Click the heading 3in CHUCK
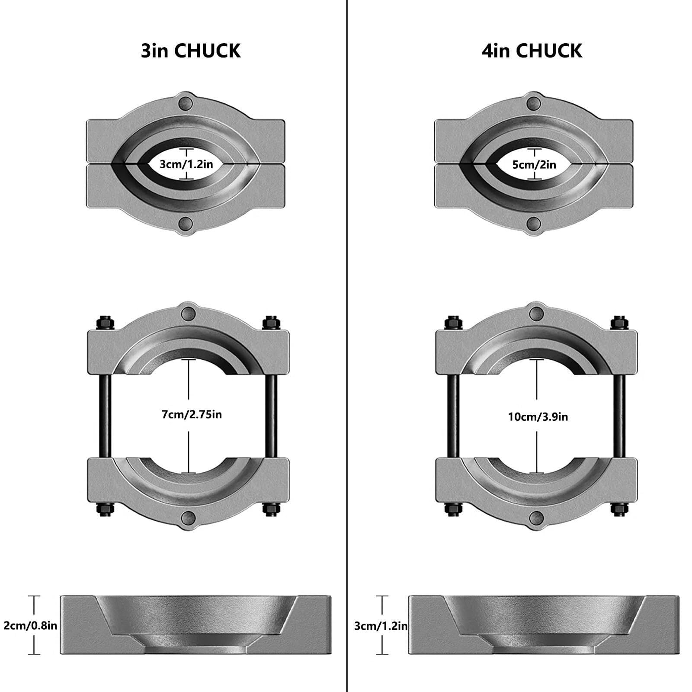[x=191, y=51]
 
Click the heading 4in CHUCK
[x=532, y=51]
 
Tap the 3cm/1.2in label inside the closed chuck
[x=186, y=164]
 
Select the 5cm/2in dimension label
[x=534, y=164]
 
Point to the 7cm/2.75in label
[x=192, y=414]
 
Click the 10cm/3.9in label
[x=538, y=417]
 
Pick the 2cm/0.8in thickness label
[x=30, y=625]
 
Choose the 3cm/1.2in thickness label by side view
[x=381, y=625]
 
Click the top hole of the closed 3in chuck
[x=186, y=103]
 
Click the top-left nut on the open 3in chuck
[x=105, y=322]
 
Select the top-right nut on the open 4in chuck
[x=618, y=322]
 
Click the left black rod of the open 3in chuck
[x=106, y=415]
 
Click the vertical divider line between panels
[x=347, y=346]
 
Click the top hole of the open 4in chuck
[x=536, y=313]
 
